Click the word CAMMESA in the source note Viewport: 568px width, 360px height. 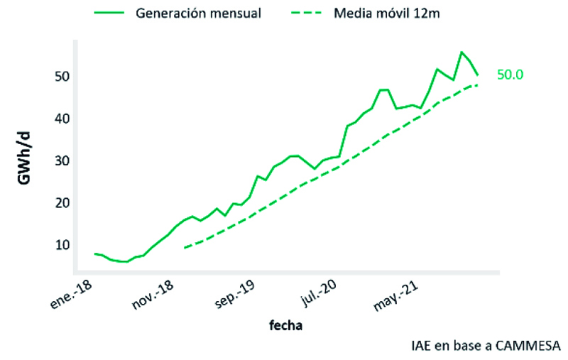(527, 347)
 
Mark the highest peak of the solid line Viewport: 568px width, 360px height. (461, 52)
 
